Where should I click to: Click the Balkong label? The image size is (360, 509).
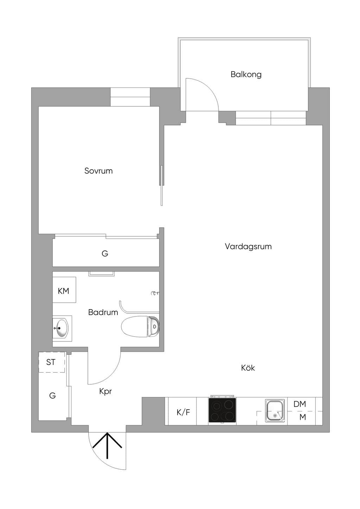[246, 74]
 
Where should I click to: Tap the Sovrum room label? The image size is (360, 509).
[98, 171]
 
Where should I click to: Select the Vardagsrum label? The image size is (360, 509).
[248, 247]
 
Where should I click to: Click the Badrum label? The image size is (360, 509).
[103, 312]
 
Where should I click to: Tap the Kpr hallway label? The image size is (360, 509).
[105, 392]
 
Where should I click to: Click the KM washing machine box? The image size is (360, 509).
[64, 290]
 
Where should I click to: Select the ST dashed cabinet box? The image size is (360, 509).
[52, 362]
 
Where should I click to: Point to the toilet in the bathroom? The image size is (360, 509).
[140, 327]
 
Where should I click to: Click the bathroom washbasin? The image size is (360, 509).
[61, 328]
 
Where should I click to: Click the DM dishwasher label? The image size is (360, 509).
[300, 404]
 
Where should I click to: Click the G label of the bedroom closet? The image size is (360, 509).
[105, 254]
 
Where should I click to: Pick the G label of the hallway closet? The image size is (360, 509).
[52, 396]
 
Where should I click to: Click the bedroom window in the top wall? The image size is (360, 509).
[130, 97]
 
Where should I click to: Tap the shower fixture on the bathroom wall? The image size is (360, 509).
[155, 293]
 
